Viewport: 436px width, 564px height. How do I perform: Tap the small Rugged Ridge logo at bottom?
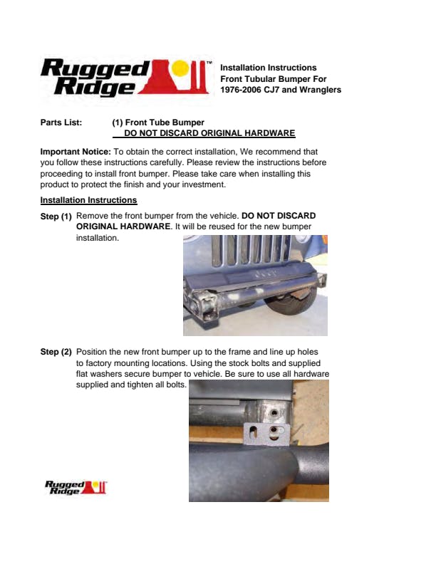[x=76, y=487]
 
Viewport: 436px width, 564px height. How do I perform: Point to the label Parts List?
[x=61, y=122]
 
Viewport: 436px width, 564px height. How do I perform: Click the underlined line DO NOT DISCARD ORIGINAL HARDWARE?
[x=209, y=133]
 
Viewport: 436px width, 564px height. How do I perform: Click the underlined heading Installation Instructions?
[x=88, y=200]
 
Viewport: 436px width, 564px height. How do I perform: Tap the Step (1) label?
[x=56, y=216]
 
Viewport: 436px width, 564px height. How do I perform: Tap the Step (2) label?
[x=56, y=352]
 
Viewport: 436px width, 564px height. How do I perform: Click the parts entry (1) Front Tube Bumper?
[x=158, y=122]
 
